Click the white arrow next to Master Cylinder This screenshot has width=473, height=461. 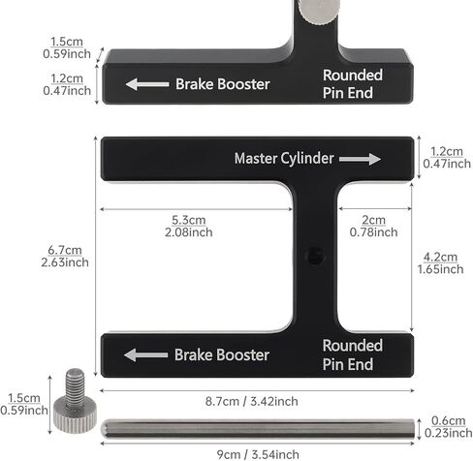click(360, 159)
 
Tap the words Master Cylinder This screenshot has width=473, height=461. click(284, 159)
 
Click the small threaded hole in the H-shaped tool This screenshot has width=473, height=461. click(315, 256)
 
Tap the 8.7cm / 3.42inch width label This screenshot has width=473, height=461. click(252, 401)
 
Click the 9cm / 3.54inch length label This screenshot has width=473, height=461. click(258, 454)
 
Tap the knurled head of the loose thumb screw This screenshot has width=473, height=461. click(75, 415)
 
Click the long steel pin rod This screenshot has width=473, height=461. click(258, 429)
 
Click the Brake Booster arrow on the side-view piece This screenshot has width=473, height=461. click(147, 84)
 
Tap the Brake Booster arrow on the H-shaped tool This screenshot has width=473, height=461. click(146, 355)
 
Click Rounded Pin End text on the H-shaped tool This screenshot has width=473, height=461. click(353, 354)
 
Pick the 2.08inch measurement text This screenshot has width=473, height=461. click(189, 232)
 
